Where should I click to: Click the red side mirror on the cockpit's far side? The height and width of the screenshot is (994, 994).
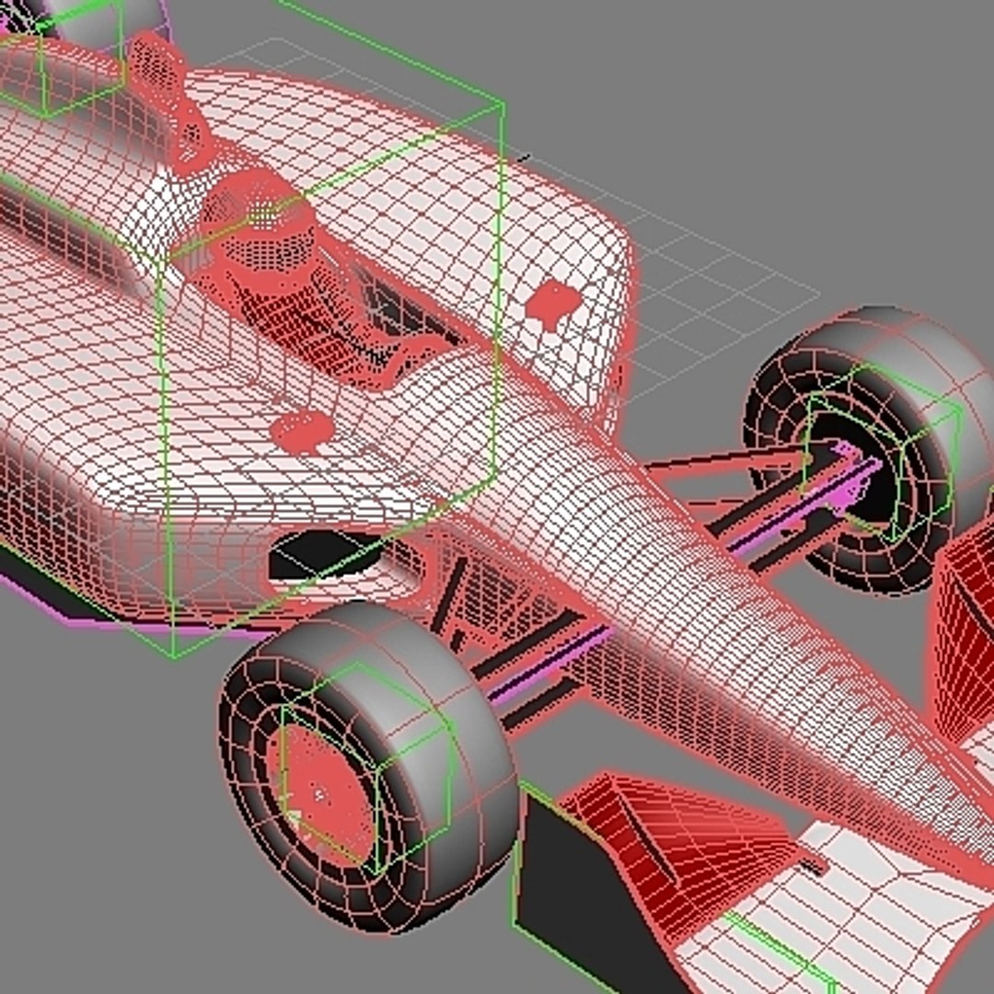click(x=555, y=302)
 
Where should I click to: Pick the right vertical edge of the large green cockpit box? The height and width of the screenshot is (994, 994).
click(x=501, y=276)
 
